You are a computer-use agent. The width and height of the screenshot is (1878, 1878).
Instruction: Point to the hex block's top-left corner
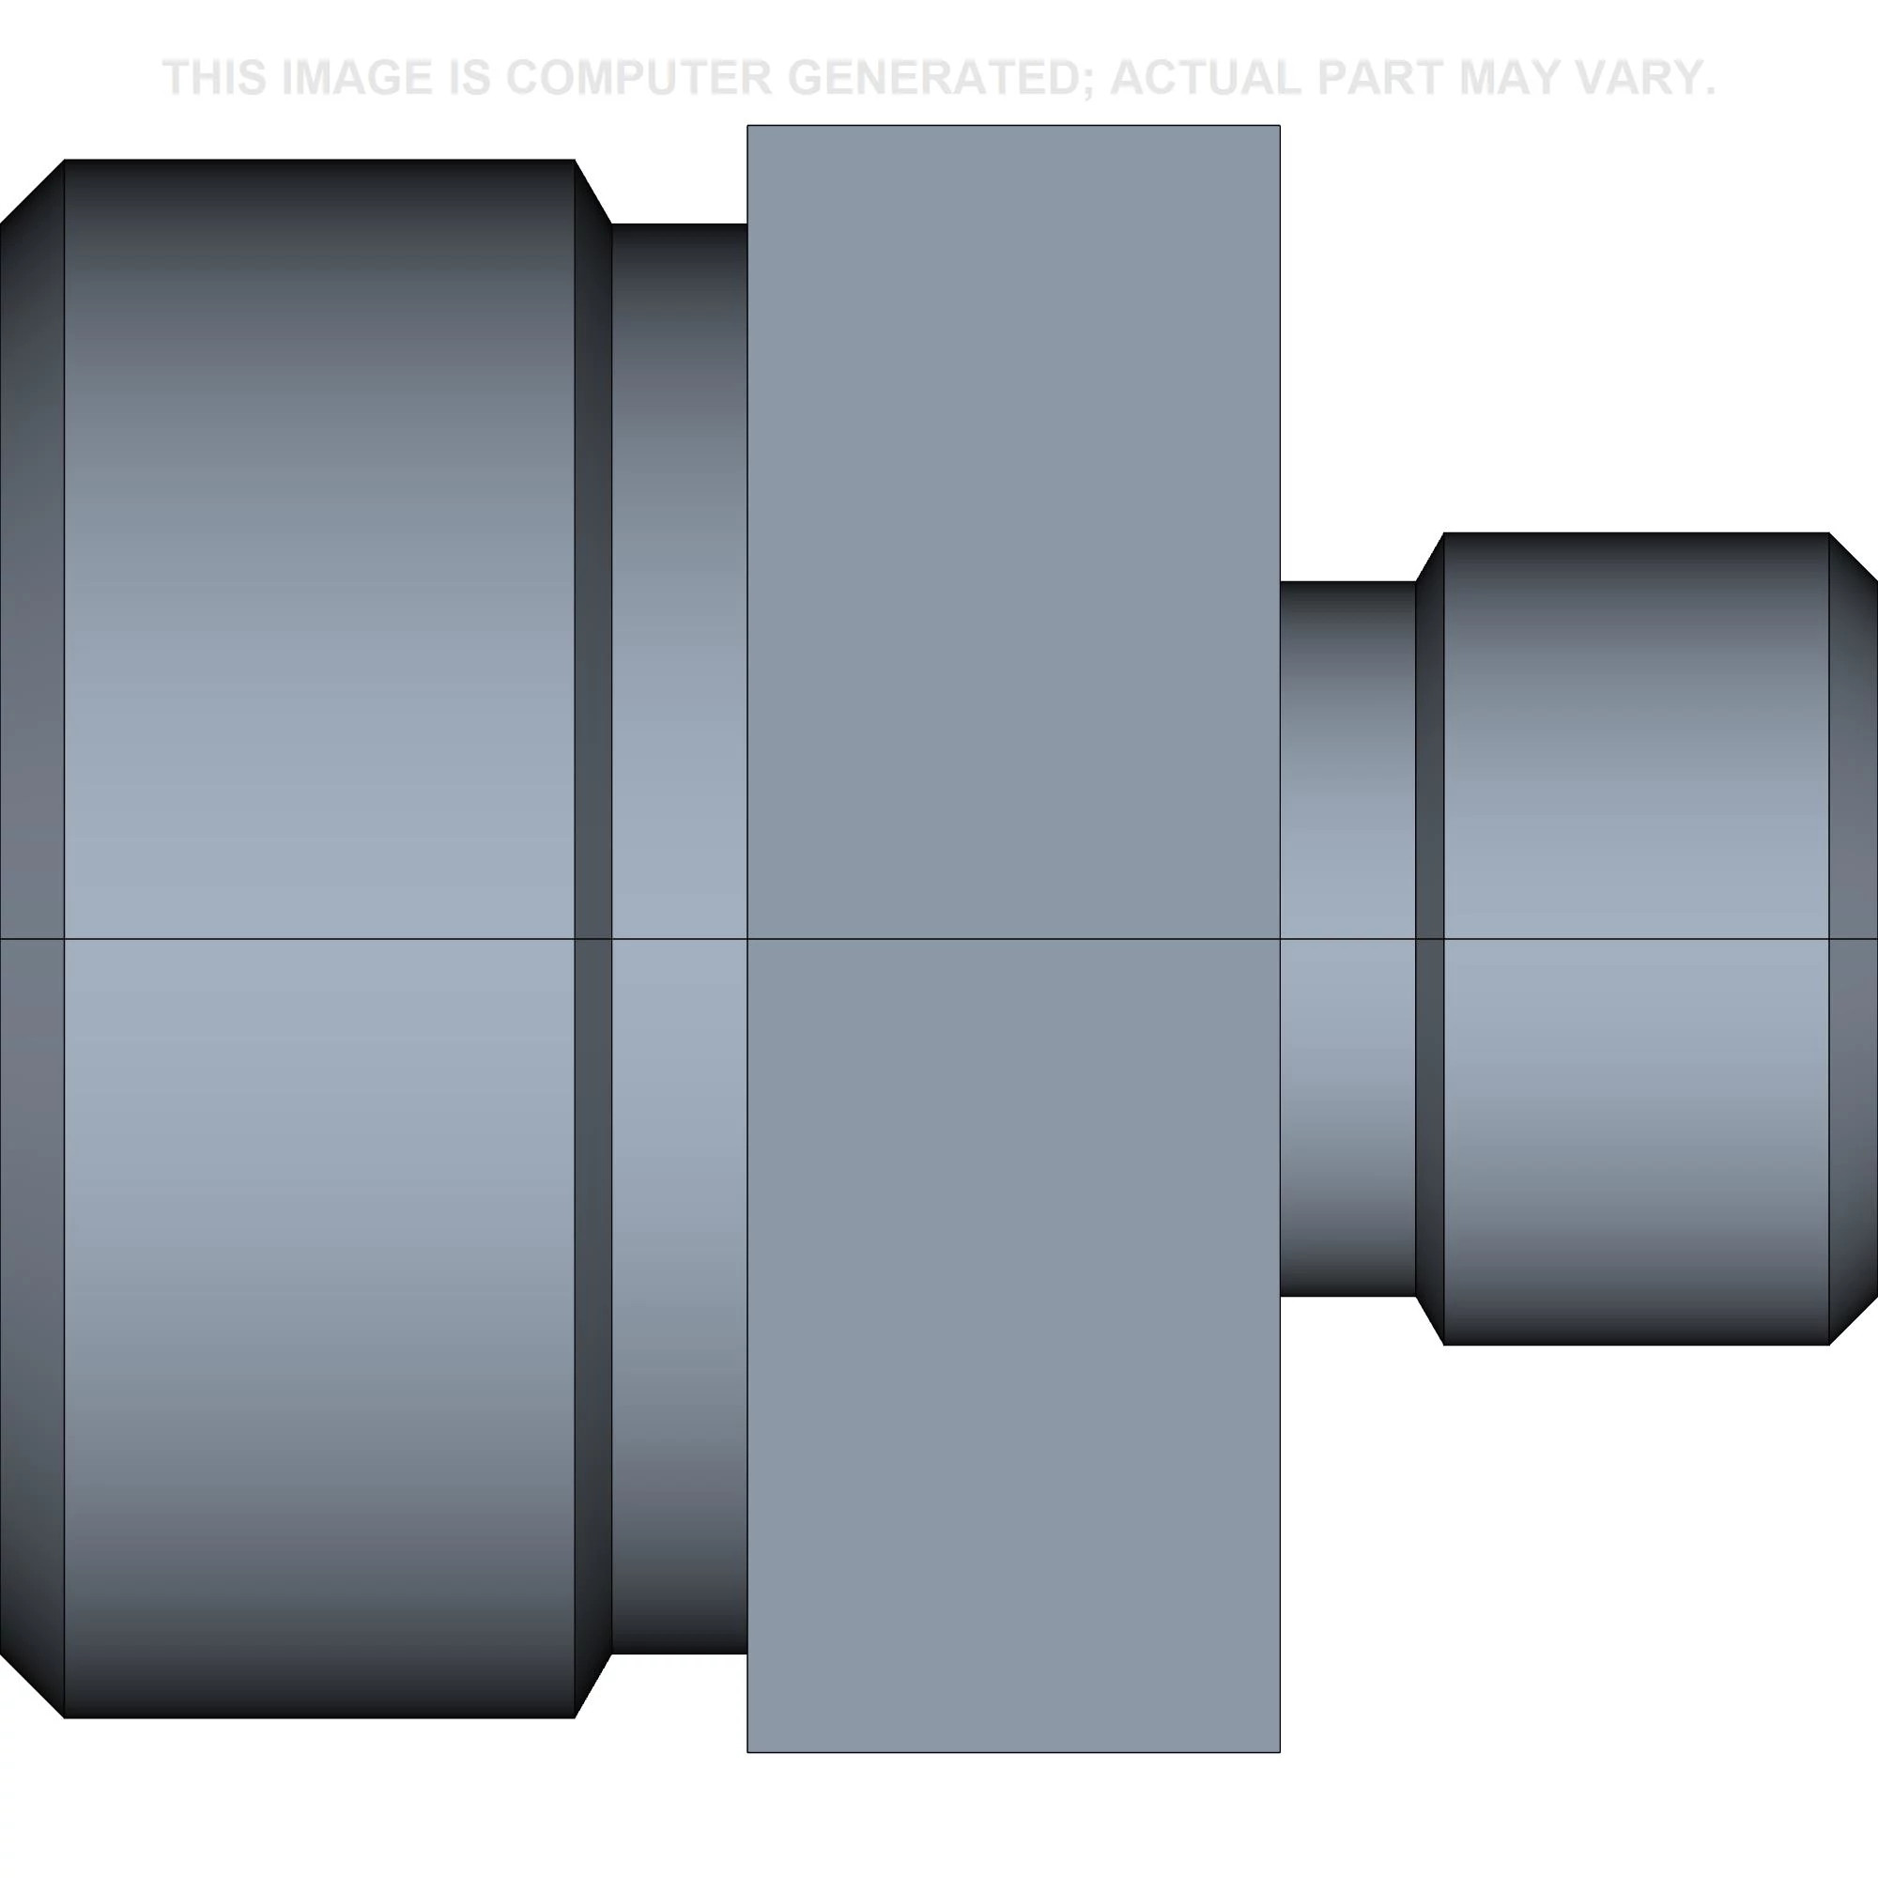748,127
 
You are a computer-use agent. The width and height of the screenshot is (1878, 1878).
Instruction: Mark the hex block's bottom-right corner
1278,1751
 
